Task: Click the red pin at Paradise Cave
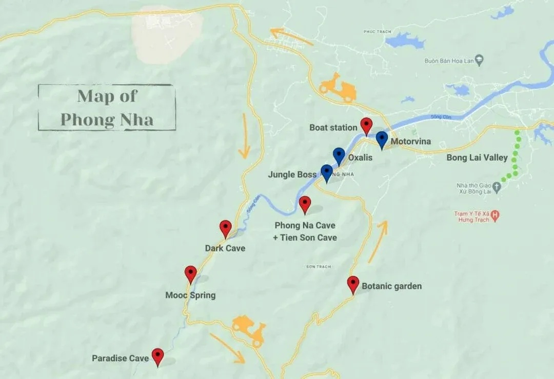[157, 356]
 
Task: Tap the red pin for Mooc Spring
[191, 274]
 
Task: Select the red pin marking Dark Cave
[226, 228]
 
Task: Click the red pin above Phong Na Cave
[305, 204]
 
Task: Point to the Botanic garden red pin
[353, 284]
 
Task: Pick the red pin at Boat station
[366, 125]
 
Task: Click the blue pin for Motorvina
[382, 139]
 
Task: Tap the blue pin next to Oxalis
[339, 155]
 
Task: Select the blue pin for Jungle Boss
[327, 173]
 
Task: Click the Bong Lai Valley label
[477, 157]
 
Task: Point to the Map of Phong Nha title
[107, 108]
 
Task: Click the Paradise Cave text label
[120, 358]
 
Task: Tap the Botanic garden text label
[392, 286]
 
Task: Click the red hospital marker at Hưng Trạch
[495, 216]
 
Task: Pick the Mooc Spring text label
[190, 295]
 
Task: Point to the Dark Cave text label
[225, 248]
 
